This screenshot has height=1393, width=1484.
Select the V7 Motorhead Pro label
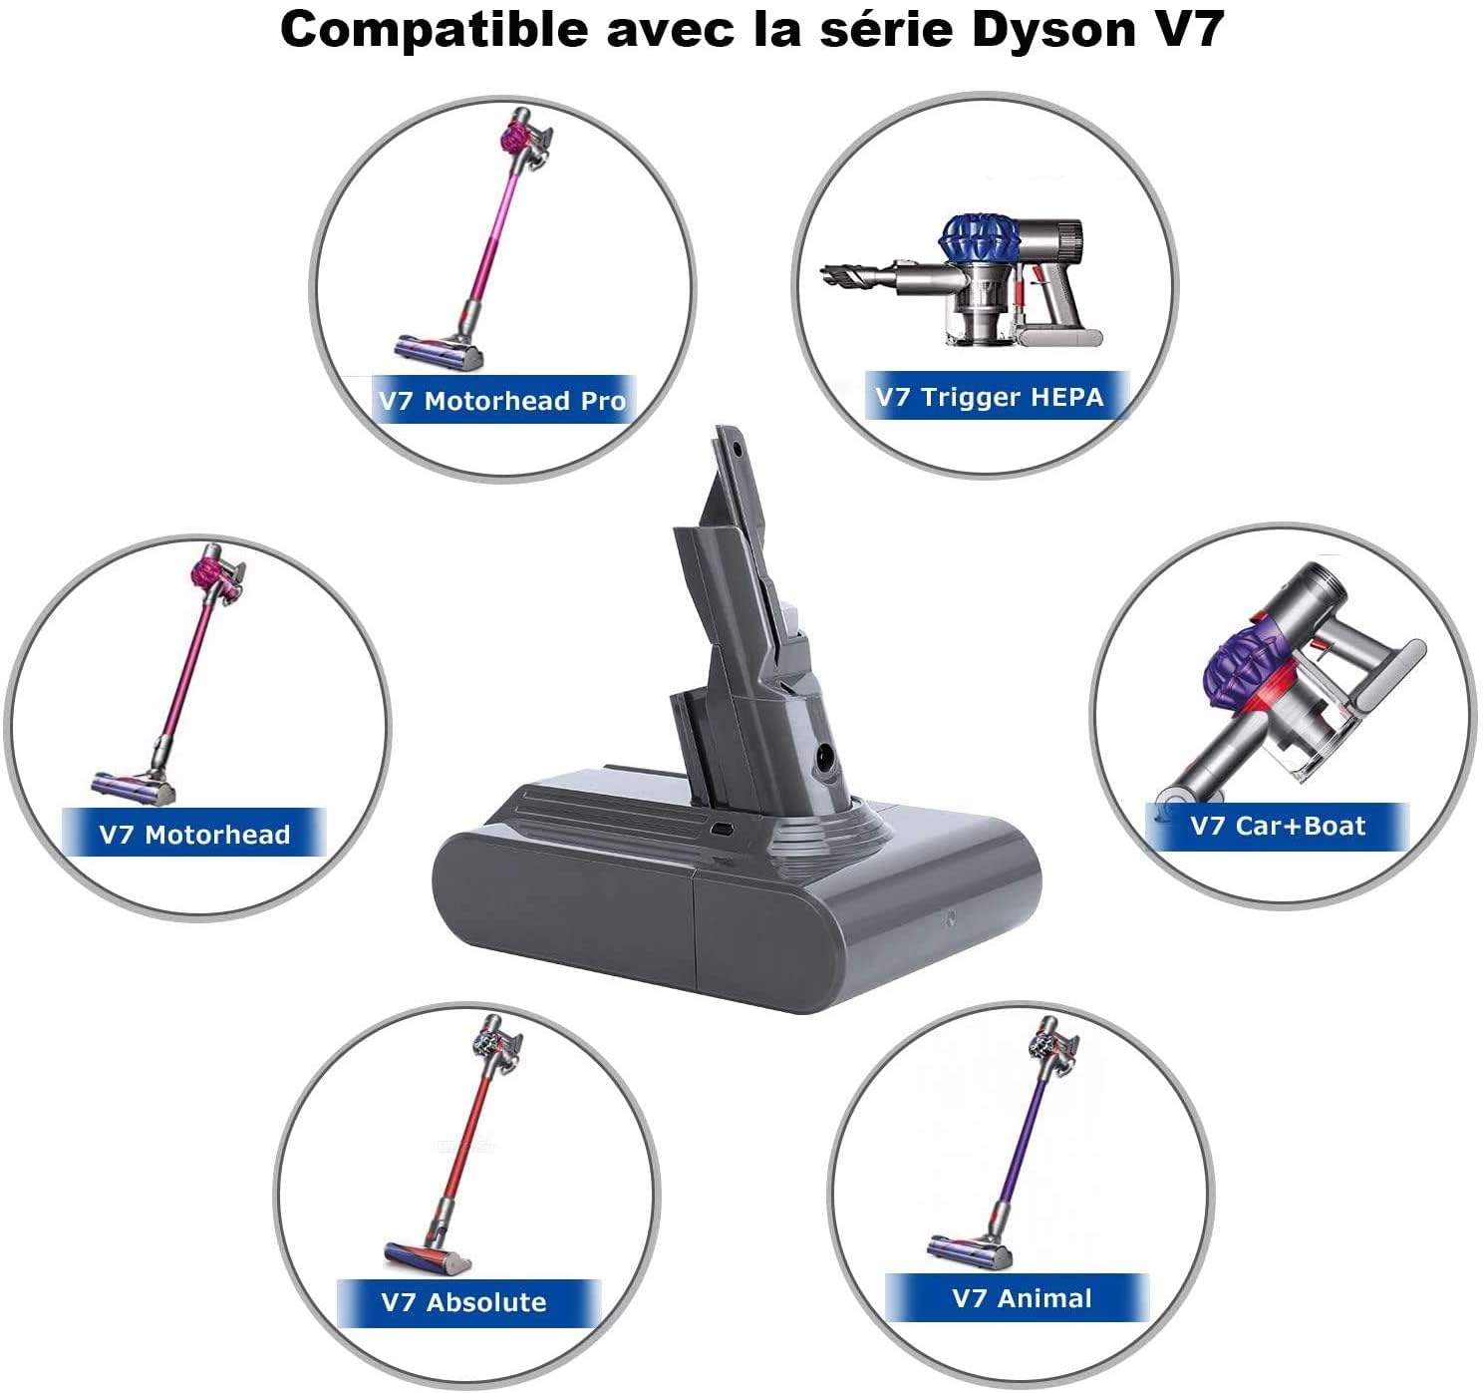click(x=503, y=401)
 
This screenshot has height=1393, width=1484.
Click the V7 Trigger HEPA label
click(x=990, y=397)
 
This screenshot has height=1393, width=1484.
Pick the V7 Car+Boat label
click(x=1278, y=826)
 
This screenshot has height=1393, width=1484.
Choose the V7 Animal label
click(x=1022, y=1297)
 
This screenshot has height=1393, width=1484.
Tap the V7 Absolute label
click(x=464, y=1301)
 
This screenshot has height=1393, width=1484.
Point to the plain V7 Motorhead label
click(x=194, y=834)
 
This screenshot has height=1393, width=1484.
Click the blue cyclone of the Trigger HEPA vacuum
click(x=976, y=239)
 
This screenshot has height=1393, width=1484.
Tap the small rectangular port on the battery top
click(x=720, y=827)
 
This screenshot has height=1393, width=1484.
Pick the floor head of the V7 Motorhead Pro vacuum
click(x=440, y=349)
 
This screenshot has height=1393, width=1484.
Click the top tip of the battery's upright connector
click(x=728, y=436)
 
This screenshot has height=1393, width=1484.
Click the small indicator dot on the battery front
click(x=951, y=919)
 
